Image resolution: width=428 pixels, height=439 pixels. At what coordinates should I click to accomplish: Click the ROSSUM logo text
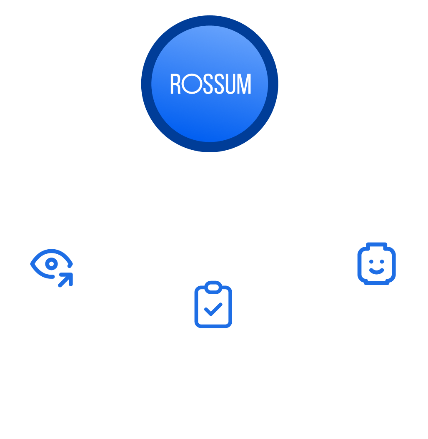click(x=211, y=84)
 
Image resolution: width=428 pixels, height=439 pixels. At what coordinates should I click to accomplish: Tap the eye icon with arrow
click(x=52, y=268)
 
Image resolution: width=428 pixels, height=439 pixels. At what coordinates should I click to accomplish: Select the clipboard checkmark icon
click(x=213, y=304)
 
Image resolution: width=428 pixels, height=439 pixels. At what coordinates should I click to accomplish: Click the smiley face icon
click(x=376, y=265)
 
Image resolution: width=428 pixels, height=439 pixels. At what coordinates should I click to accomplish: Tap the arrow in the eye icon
click(x=65, y=280)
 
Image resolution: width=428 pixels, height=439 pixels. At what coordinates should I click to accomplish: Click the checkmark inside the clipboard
click(x=213, y=309)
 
